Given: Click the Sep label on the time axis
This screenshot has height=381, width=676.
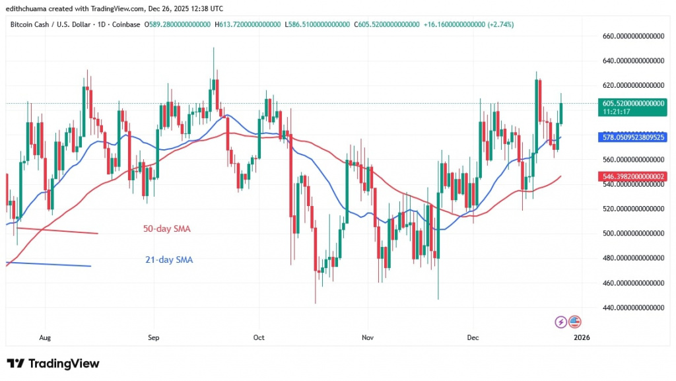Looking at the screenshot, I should point(153,337).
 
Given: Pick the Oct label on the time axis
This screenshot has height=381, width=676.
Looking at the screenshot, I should point(259,337).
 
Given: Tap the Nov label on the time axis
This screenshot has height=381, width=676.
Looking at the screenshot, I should point(368,337).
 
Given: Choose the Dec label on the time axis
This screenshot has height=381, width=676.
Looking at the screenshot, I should point(473,337).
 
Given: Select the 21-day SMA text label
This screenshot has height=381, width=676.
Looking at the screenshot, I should point(169,260).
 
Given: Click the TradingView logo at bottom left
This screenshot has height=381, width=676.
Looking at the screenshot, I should point(53,364).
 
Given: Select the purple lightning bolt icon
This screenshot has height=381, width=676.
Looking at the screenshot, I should point(561,322).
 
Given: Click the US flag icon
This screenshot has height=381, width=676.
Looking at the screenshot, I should point(574,322).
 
